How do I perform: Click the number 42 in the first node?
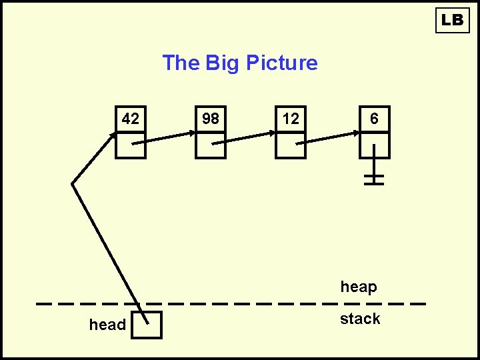coord(131,119)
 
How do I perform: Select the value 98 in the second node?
coord(211,119)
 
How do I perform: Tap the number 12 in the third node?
coord(291,119)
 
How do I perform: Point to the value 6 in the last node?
coord(374,119)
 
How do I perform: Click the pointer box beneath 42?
coord(131,145)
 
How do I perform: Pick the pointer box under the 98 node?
coord(211,145)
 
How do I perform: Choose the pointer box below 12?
coord(291,145)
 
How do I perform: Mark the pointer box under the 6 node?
coord(374,145)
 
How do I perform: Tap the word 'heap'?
coord(359,287)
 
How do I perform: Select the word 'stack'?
coord(360,319)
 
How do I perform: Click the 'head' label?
coord(107,325)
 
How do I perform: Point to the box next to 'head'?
coord(147,325)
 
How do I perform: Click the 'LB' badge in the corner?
coord(452,20)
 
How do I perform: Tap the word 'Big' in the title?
coord(223,63)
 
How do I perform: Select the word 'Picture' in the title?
coord(281,63)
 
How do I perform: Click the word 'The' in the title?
coord(181,63)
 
